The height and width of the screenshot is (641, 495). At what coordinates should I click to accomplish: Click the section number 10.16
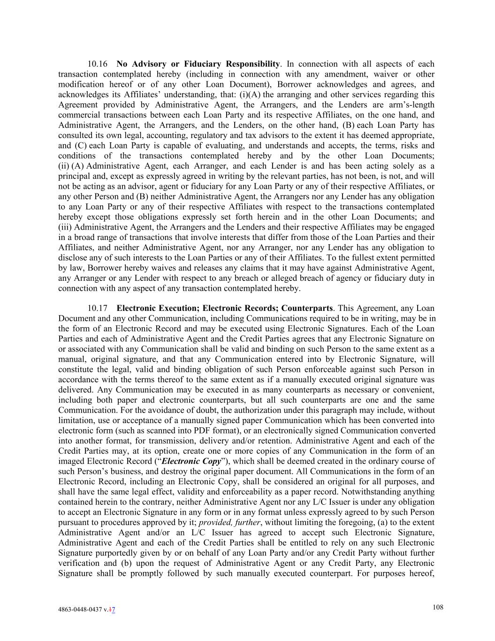coord(98,64)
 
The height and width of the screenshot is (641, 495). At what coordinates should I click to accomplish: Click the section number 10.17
coord(98,309)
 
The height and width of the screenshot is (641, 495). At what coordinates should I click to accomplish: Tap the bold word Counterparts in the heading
coord(307,309)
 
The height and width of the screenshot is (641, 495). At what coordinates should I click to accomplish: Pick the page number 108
coord(438,607)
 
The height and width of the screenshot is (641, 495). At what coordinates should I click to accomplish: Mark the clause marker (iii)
coord(65,227)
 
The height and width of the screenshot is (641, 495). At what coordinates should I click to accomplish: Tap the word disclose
coord(73,257)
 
